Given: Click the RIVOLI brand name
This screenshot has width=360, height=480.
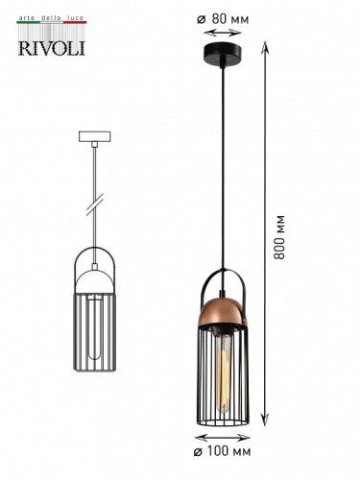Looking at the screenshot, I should [x=51, y=47].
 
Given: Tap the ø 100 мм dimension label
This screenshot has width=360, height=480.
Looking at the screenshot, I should [x=224, y=449].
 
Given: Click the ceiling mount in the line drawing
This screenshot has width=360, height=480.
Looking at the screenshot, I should [x=95, y=136].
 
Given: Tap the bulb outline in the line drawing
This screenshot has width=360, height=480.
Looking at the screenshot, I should [x=95, y=331].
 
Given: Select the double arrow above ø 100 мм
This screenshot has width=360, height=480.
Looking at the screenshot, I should [x=224, y=433].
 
